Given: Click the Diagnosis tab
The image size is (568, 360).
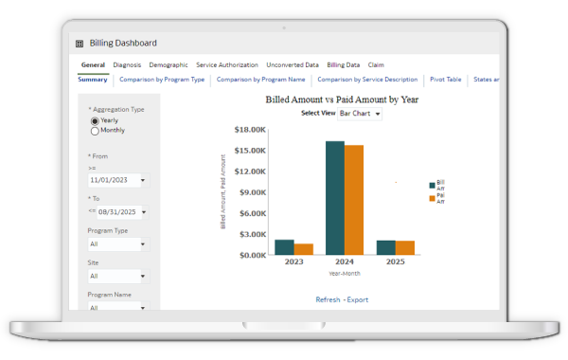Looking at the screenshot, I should pos(127,65).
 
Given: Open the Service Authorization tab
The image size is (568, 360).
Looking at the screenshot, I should pos(226,65).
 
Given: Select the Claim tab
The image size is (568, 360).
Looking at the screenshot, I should pos(376,65).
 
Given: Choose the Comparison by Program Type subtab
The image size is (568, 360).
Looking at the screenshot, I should pos(162,80).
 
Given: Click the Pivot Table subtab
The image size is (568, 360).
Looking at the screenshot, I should pos(445,80).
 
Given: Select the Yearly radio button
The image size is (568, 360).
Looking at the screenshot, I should pos(95,121).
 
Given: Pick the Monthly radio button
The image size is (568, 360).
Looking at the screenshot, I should pos(95,131).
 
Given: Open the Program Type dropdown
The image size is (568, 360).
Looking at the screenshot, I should pos(116,244).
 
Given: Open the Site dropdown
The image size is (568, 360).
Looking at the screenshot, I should pos(116,277).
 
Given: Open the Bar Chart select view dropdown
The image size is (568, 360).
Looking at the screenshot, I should pos(360,114).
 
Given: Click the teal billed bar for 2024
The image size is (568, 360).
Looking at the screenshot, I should pos(335,198).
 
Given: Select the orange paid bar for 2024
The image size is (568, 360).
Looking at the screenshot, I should pos(354,200).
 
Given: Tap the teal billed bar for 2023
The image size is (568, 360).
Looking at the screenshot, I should pos(285,247).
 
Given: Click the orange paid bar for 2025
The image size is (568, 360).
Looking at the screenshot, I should pos(405,248).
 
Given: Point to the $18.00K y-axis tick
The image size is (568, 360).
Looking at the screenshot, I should pos(251,130).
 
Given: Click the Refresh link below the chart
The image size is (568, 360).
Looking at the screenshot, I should pos(328,299).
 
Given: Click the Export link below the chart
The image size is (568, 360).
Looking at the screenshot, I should pos(357,299).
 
